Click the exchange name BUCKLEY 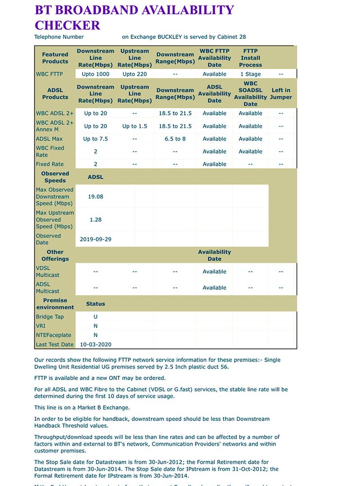click(x=170, y=37)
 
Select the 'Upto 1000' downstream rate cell click(x=95, y=74)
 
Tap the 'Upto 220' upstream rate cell click(x=135, y=74)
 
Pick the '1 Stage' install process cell click(x=251, y=74)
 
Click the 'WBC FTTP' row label click(x=49, y=74)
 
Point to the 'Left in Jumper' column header click(x=281, y=94)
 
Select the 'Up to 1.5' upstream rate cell click(x=135, y=126)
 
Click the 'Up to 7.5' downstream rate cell click(x=95, y=139)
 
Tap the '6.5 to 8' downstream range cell click(x=175, y=139)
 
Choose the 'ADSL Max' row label click(x=49, y=139)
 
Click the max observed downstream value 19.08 click(x=95, y=197)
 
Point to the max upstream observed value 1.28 click(x=95, y=219)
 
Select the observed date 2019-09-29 click(x=95, y=239)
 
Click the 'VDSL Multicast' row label click(x=48, y=271)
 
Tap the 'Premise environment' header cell click(x=55, y=304)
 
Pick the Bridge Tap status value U click(x=95, y=317)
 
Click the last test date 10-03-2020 click(x=95, y=344)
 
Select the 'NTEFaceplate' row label click(x=54, y=335)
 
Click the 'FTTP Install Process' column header click(x=251, y=58)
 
